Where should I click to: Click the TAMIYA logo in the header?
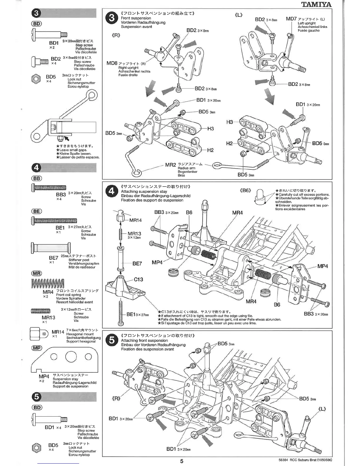click(x=316, y=4)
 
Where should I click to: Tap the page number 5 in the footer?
click(x=182, y=461)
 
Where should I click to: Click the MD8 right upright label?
click(x=111, y=63)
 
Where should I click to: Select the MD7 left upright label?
click(x=291, y=19)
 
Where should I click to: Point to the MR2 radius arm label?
click(x=170, y=165)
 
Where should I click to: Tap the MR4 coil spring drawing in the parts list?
click(x=47, y=284)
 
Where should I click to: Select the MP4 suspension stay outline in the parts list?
click(x=65, y=359)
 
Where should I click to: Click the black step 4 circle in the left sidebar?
click(x=36, y=167)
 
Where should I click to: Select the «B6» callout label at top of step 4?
click(x=246, y=190)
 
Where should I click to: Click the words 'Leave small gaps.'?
click(x=73, y=150)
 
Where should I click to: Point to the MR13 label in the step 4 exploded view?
click(x=134, y=234)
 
